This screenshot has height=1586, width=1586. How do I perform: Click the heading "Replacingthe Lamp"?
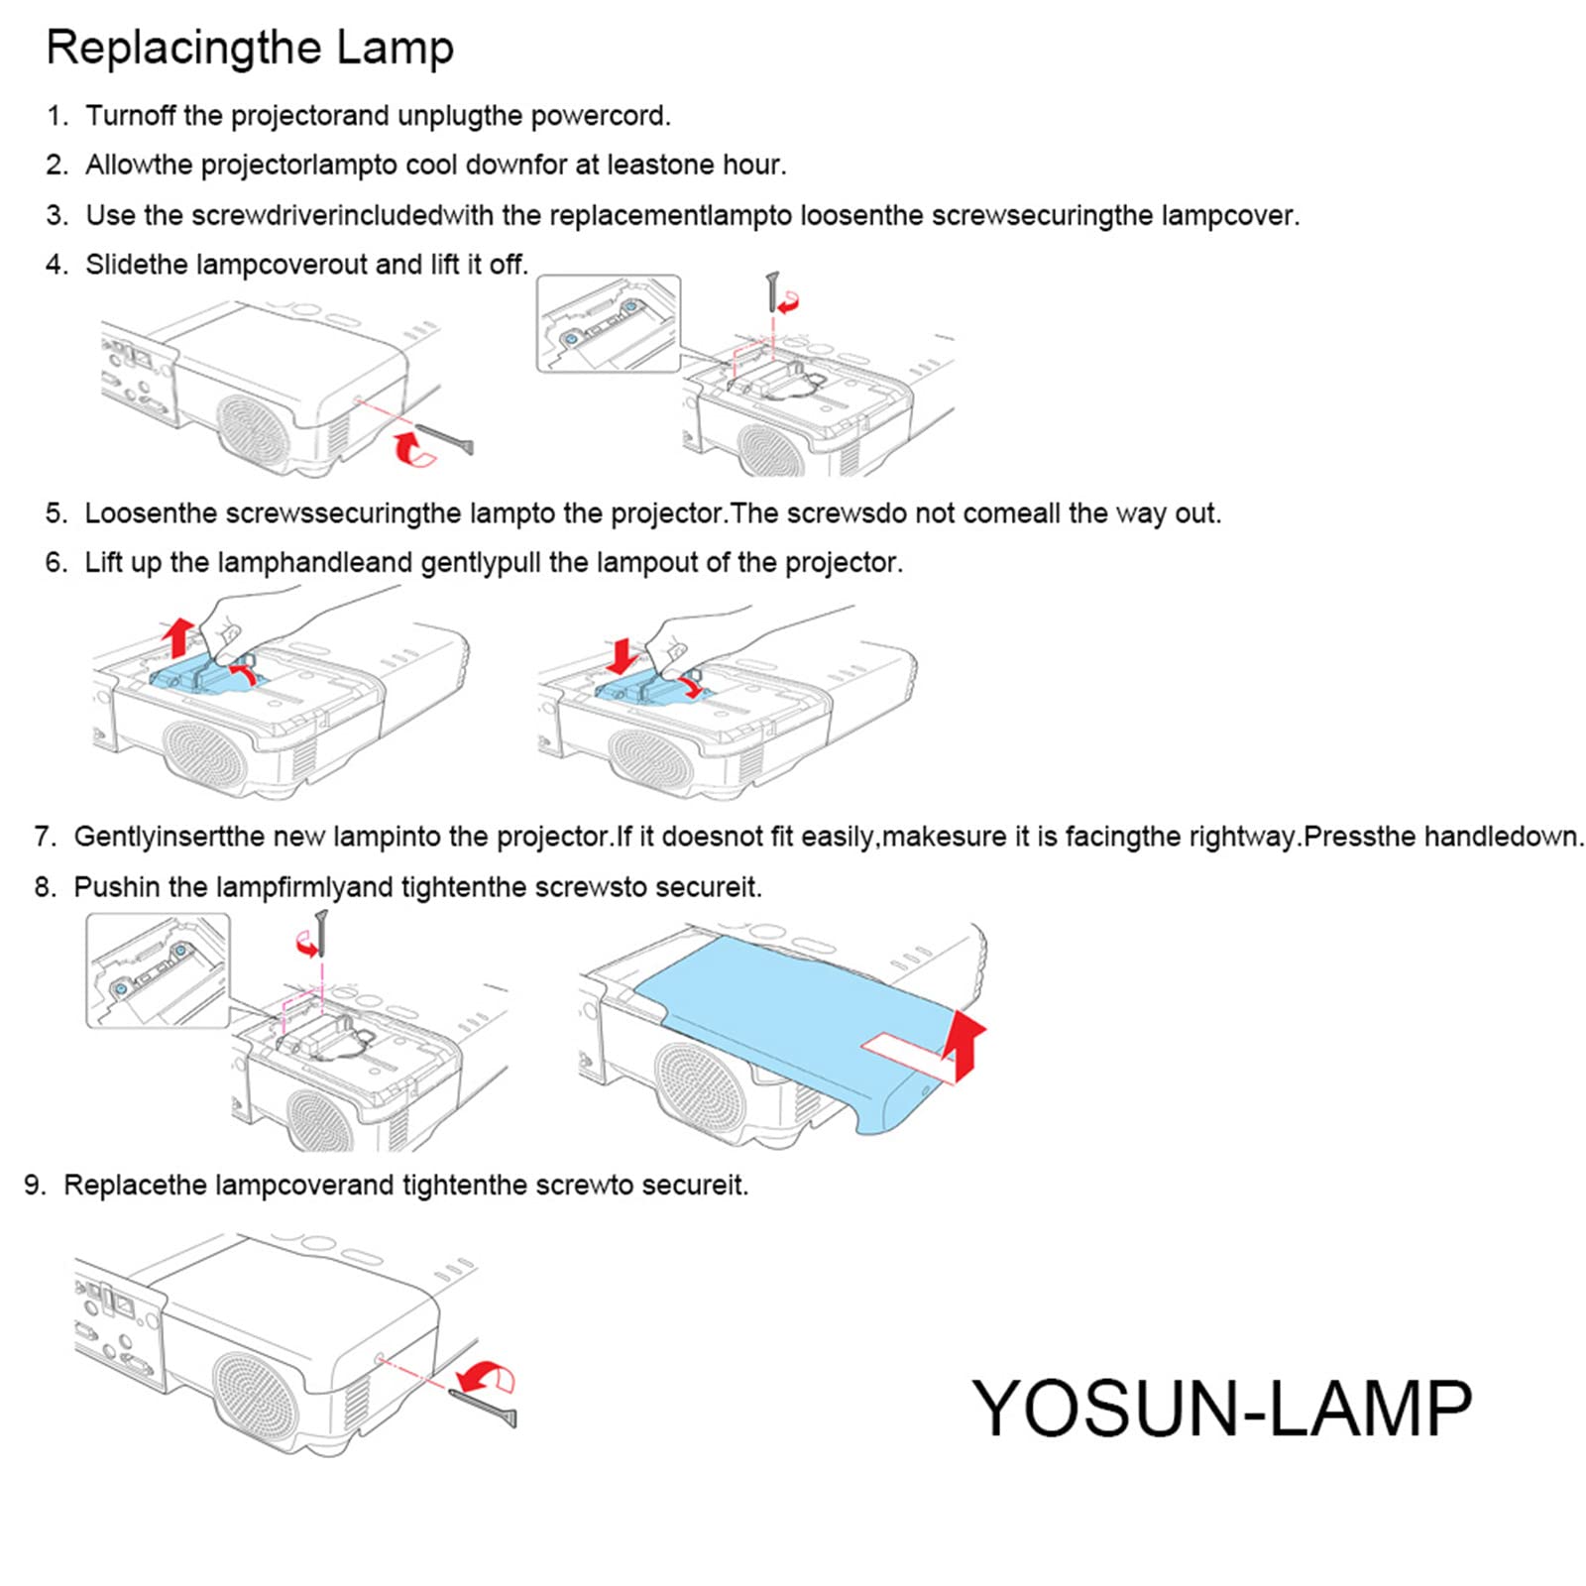pyautogui.click(x=250, y=48)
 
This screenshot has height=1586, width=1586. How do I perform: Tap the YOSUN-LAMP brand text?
pyautogui.click(x=1221, y=1408)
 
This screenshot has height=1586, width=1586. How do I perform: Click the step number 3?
pyautogui.click(x=57, y=215)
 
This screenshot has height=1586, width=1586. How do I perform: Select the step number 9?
pyautogui.click(x=35, y=1185)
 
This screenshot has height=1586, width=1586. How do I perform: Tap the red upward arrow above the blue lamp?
pyautogui.click(x=178, y=635)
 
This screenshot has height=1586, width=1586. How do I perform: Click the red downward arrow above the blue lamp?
pyautogui.click(x=623, y=655)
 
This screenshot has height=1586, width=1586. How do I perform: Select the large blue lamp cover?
pyautogui.click(x=793, y=1021)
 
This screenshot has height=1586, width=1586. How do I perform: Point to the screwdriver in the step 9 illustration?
pyautogui.click(x=483, y=1407)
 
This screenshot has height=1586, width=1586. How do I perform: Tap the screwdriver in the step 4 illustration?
pyautogui.click(x=445, y=438)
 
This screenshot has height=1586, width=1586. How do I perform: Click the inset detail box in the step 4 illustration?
pyautogui.click(x=609, y=324)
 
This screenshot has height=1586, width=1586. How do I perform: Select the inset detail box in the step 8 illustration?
pyautogui.click(x=158, y=970)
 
